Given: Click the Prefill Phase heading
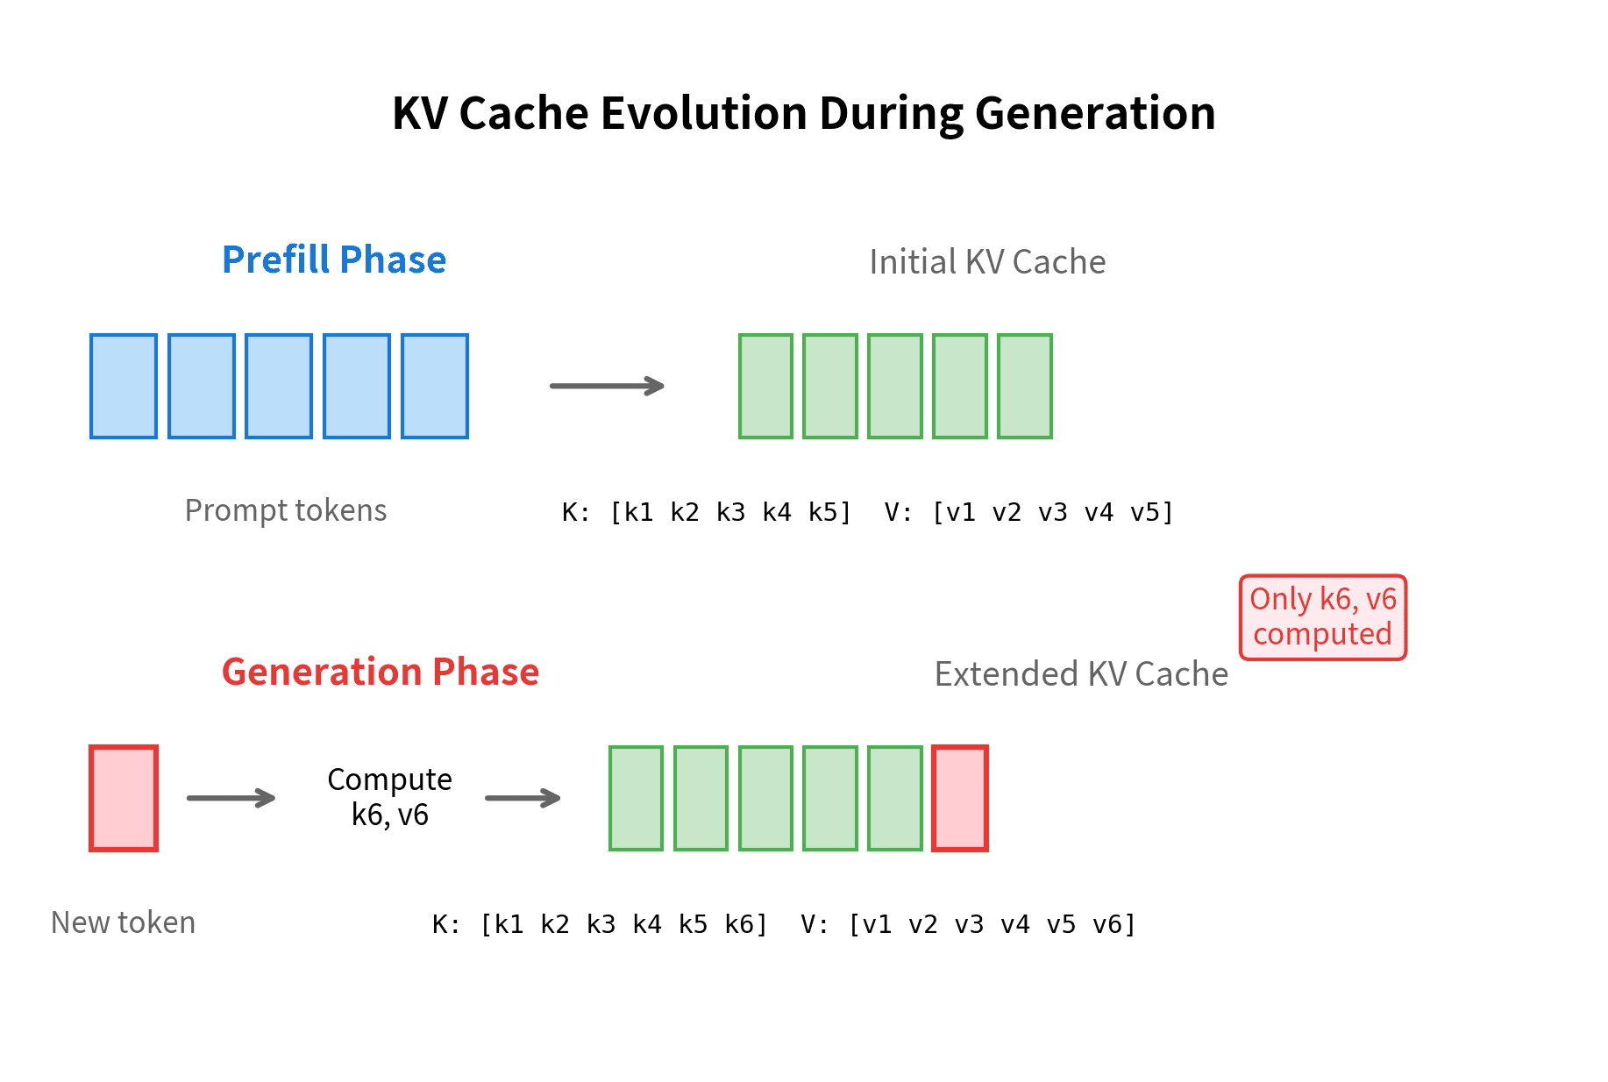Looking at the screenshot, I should coord(334,260).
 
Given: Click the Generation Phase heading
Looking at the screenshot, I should coord(380,672).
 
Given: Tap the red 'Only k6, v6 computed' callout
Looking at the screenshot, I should coord(1322,616).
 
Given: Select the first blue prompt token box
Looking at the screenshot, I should coord(124,386).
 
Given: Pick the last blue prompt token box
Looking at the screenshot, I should coord(435,386).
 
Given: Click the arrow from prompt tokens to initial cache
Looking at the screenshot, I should coord(607,386).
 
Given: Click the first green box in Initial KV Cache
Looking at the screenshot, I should coord(765,386).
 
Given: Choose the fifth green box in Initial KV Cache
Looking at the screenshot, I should coord(1025,386).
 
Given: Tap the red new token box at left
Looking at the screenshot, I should coord(124,798).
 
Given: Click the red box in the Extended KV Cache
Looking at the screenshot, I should coord(960,798).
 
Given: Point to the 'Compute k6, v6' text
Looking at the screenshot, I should coord(389,797).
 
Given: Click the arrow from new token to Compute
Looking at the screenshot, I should coord(231,798).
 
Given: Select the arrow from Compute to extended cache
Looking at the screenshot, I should coord(523,798).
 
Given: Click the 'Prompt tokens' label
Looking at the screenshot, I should coord(286,510).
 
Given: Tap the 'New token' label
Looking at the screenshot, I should coord(123,922).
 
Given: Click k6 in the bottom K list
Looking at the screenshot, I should coord(738,924).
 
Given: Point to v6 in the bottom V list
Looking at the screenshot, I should coord(1106,924).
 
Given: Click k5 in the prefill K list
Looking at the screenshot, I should coord(822,512).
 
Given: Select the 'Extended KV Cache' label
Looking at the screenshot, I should coord(1081,674).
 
